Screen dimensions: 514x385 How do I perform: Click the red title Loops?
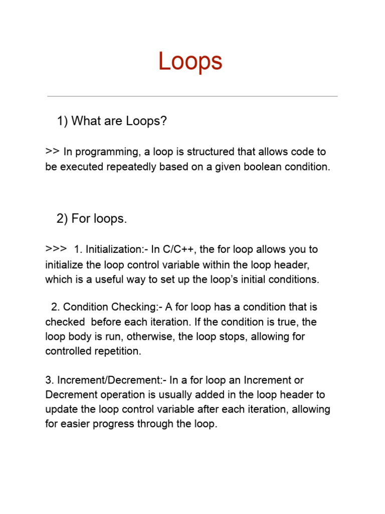(x=190, y=62)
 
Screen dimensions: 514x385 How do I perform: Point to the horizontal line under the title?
(x=192, y=96)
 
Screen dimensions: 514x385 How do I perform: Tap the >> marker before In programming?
(x=52, y=151)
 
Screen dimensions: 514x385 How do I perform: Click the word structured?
(x=206, y=152)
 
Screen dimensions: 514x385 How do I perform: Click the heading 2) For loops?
(x=92, y=218)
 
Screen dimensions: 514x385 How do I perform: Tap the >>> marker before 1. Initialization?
(x=56, y=248)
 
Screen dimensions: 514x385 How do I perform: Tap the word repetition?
(x=116, y=351)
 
